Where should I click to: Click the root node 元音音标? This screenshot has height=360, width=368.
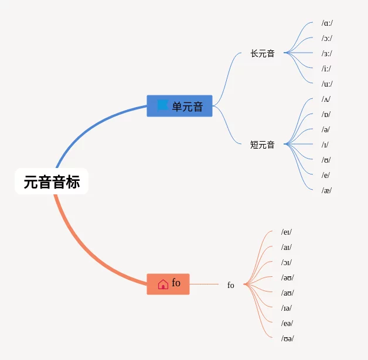52,182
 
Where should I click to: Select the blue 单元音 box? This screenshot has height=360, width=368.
179,106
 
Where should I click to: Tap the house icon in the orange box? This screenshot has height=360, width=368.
163,284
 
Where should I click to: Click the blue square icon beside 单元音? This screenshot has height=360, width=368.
162,105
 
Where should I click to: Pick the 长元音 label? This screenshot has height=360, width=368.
262,53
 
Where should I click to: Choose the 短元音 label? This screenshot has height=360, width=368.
262,145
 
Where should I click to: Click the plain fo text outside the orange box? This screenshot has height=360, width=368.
231,285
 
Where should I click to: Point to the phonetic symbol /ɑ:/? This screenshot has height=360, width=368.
327,23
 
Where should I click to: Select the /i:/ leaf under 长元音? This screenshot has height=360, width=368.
326,68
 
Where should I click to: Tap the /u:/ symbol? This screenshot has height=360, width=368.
327,84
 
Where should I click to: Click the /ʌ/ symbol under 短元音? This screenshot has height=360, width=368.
326,99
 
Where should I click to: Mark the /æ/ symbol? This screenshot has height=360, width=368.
326,190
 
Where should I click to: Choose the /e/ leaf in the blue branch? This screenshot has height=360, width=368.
325,175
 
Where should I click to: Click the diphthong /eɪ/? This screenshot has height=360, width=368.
287,232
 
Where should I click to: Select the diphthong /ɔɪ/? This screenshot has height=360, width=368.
287,263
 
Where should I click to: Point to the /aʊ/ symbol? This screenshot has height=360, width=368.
287,293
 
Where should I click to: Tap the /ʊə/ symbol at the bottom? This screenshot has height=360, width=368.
287,338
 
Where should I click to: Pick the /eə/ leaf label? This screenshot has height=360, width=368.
287,323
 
